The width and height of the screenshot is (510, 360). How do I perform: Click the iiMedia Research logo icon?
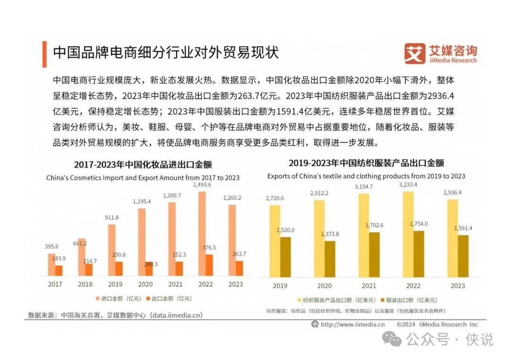pos(415,54)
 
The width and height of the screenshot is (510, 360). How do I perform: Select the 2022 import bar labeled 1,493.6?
pos(202,234)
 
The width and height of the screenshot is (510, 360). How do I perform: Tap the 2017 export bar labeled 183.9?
pos(59,270)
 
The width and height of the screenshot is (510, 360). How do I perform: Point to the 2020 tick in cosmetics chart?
pos(145,284)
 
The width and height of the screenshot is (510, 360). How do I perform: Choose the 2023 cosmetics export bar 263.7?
pos(239,268)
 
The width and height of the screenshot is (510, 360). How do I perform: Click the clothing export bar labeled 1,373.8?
pos(330,259)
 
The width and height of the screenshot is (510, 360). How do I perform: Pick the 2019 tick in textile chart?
pos(280,285)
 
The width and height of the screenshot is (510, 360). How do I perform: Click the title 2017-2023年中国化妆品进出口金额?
pos(143,165)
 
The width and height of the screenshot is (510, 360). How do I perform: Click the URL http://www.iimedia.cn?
pos(352,324)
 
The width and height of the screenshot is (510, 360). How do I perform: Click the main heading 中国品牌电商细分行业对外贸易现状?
pos(165,52)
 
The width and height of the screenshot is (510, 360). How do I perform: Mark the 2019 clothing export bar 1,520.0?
pos(286,256)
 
